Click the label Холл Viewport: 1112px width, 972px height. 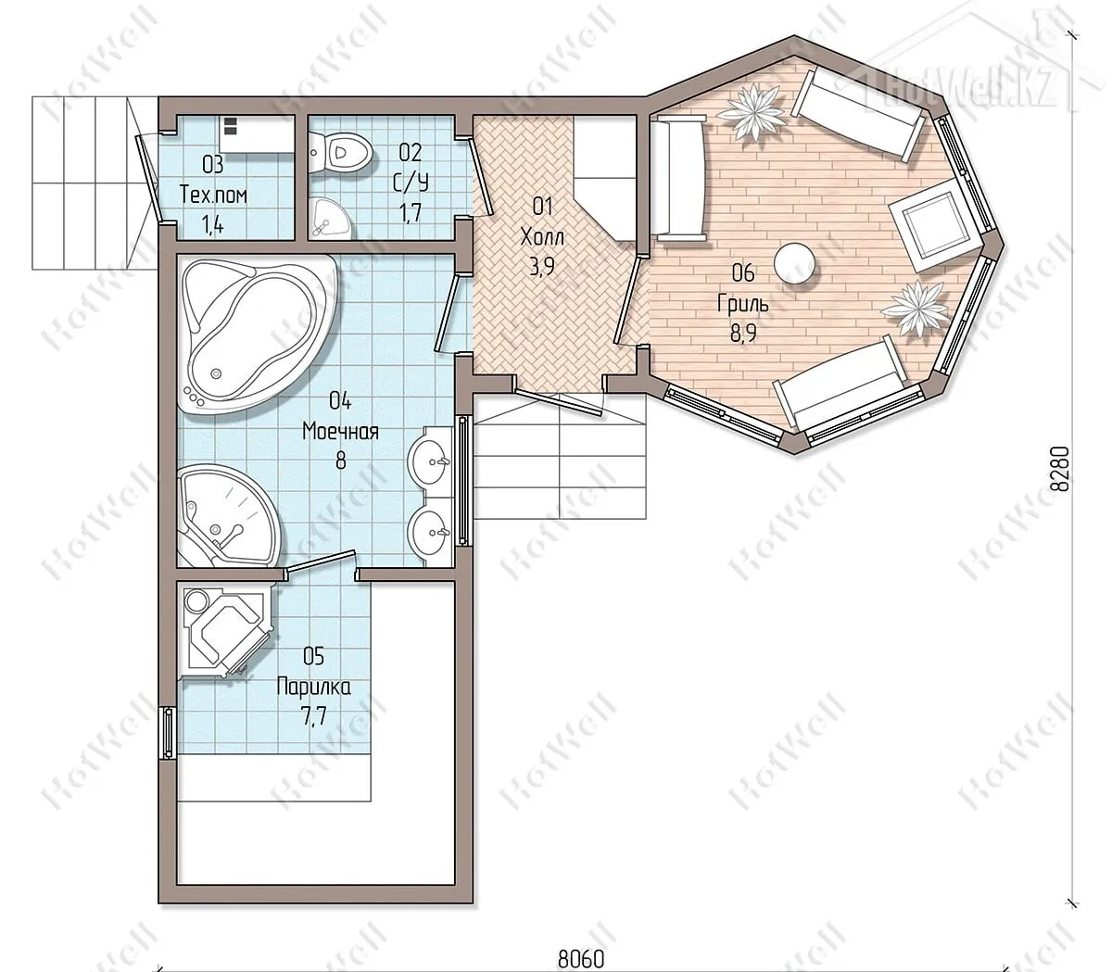(542, 237)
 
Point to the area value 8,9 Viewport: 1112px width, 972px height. (743, 334)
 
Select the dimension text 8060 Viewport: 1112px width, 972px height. (581, 958)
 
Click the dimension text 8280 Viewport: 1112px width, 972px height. (1059, 468)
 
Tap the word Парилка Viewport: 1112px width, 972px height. (313, 687)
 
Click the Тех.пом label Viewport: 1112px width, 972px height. (213, 195)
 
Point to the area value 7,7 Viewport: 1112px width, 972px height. (313, 716)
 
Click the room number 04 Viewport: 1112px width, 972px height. (340, 401)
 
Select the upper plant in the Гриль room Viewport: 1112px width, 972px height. (752, 113)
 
